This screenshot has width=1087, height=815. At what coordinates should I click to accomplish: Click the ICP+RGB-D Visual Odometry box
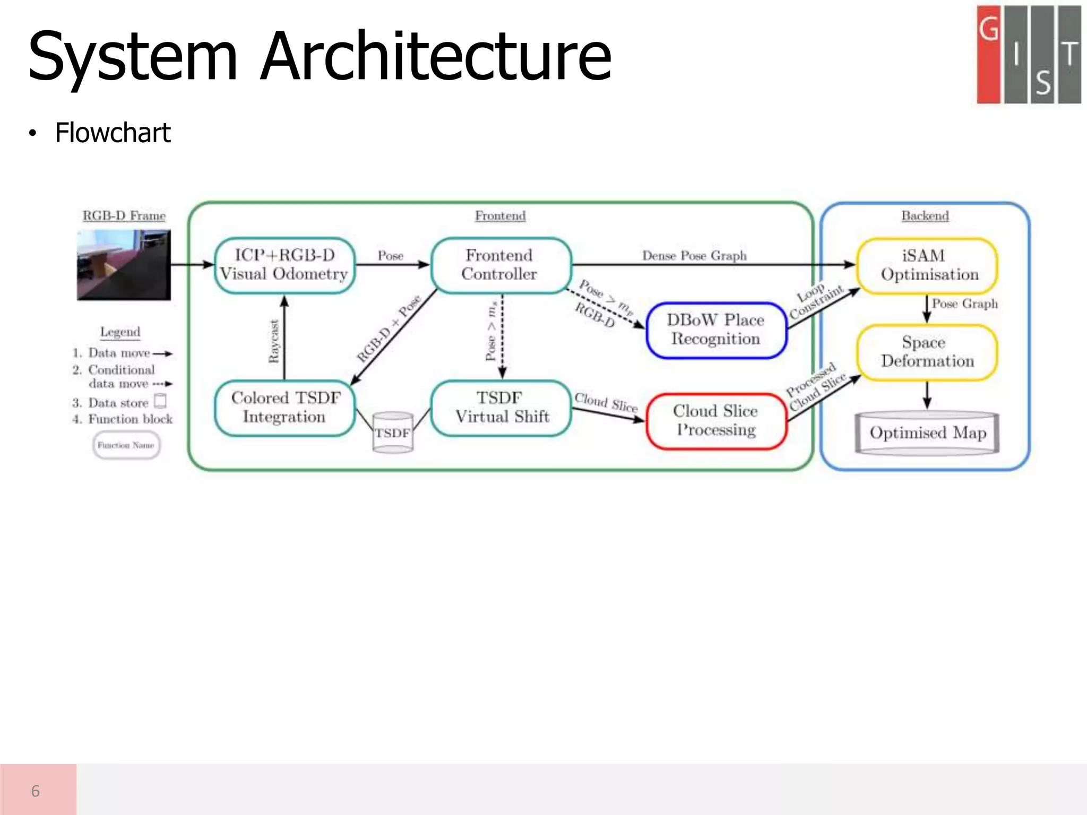284,265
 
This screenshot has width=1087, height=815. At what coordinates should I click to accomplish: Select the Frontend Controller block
500,265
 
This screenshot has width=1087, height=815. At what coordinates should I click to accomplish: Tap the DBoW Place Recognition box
715,330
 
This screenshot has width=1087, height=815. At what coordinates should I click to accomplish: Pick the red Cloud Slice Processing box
715,421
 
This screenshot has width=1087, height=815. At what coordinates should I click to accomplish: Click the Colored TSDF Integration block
284,407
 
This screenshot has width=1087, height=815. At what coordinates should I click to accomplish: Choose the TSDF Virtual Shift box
501,407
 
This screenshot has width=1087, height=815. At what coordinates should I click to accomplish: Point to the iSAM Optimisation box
927,265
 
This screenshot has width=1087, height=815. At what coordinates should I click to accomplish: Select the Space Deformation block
927,352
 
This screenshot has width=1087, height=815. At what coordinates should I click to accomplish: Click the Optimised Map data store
927,433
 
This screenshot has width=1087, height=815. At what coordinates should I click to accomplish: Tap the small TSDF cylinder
393,432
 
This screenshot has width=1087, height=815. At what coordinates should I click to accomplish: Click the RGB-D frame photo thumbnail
124,265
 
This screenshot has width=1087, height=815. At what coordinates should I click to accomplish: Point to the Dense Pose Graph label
694,256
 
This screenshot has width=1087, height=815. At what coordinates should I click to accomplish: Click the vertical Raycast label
274,341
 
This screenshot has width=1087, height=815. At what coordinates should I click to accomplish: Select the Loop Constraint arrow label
815,301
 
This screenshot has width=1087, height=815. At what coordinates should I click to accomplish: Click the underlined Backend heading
925,216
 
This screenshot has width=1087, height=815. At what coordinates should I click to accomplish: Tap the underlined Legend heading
120,332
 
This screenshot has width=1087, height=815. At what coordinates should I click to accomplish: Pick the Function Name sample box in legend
126,445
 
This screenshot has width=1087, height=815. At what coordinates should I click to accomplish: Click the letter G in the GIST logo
988,29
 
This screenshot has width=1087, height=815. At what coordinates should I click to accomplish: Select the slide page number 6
36,791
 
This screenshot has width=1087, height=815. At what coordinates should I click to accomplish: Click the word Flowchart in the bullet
113,133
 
